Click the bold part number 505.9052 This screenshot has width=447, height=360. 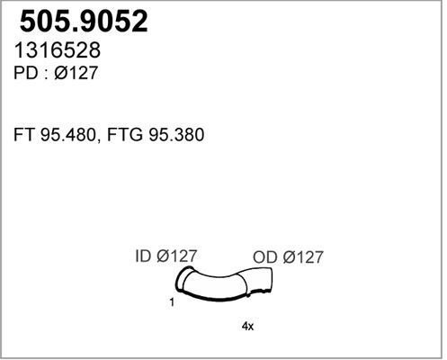click(84, 21)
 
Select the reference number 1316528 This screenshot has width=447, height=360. click(57, 50)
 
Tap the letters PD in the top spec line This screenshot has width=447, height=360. click(26, 73)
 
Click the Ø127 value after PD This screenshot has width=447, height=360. click(76, 73)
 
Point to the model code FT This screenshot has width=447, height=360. click(24, 135)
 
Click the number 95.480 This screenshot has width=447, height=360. click(67, 135)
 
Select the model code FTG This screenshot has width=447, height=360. click(125, 135)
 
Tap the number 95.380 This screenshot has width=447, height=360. click(176, 135)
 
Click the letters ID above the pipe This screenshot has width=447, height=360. click(143, 256)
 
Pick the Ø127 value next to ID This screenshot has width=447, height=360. click(176, 256)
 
